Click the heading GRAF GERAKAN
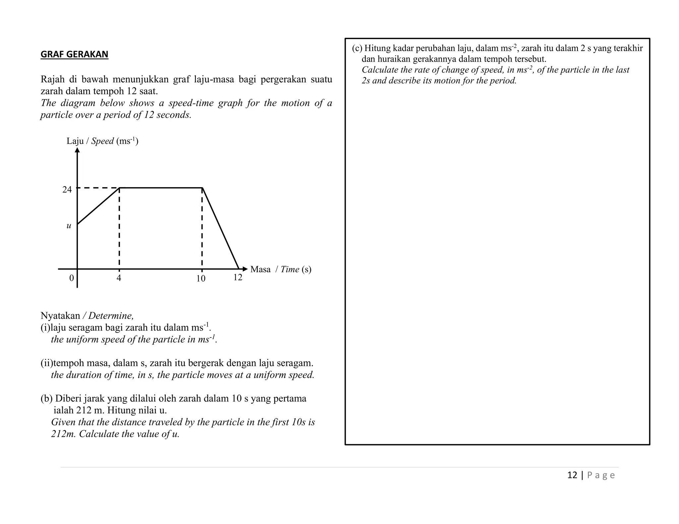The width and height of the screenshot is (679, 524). pyautogui.click(x=74, y=54)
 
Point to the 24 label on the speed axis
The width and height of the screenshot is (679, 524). pyautogui.click(x=67, y=189)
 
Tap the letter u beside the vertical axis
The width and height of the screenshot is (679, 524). pyautogui.click(x=69, y=226)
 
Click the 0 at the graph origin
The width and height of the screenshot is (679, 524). pyautogui.click(x=71, y=278)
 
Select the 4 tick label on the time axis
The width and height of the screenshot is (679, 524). pyautogui.click(x=119, y=278)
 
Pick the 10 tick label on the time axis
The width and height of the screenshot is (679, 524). pyautogui.click(x=201, y=279)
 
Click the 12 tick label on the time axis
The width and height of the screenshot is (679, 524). pyautogui.click(x=238, y=277)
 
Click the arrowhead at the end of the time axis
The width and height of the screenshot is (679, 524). pyautogui.click(x=245, y=269)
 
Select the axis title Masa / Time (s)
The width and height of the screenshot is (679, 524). pyautogui.click(x=280, y=269)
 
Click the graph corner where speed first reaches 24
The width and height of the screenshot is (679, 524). pyautogui.click(x=119, y=188)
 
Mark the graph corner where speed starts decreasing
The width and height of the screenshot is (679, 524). pyautogui.click(x=202, y=188)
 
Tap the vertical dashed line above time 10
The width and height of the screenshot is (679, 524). pyautogui.click(x=202, y=229)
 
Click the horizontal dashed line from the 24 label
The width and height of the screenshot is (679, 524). pyautogui.click(x=98, y=188)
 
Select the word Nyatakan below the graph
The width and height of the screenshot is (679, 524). pyautogui.click(x=60, y=316)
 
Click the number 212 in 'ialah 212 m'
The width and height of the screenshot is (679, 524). pyautogui.click(x=84, y=410)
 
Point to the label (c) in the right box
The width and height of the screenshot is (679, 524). pyautogui.click(x=357, y=48)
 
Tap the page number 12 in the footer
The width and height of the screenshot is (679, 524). pyautogui.click(x=572, y=475)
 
